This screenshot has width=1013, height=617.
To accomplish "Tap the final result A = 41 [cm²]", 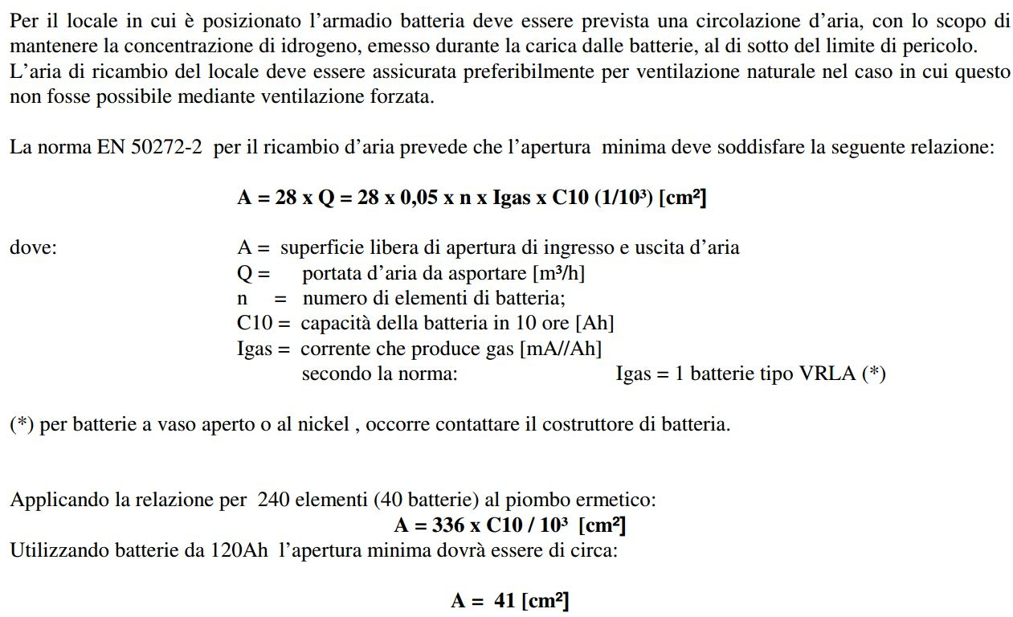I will pos(510,601).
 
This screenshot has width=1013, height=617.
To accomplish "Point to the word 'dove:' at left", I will pos(33,247).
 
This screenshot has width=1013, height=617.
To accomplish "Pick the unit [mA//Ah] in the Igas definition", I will pos(562,349).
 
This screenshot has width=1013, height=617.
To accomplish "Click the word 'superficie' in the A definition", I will pos(319,247).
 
